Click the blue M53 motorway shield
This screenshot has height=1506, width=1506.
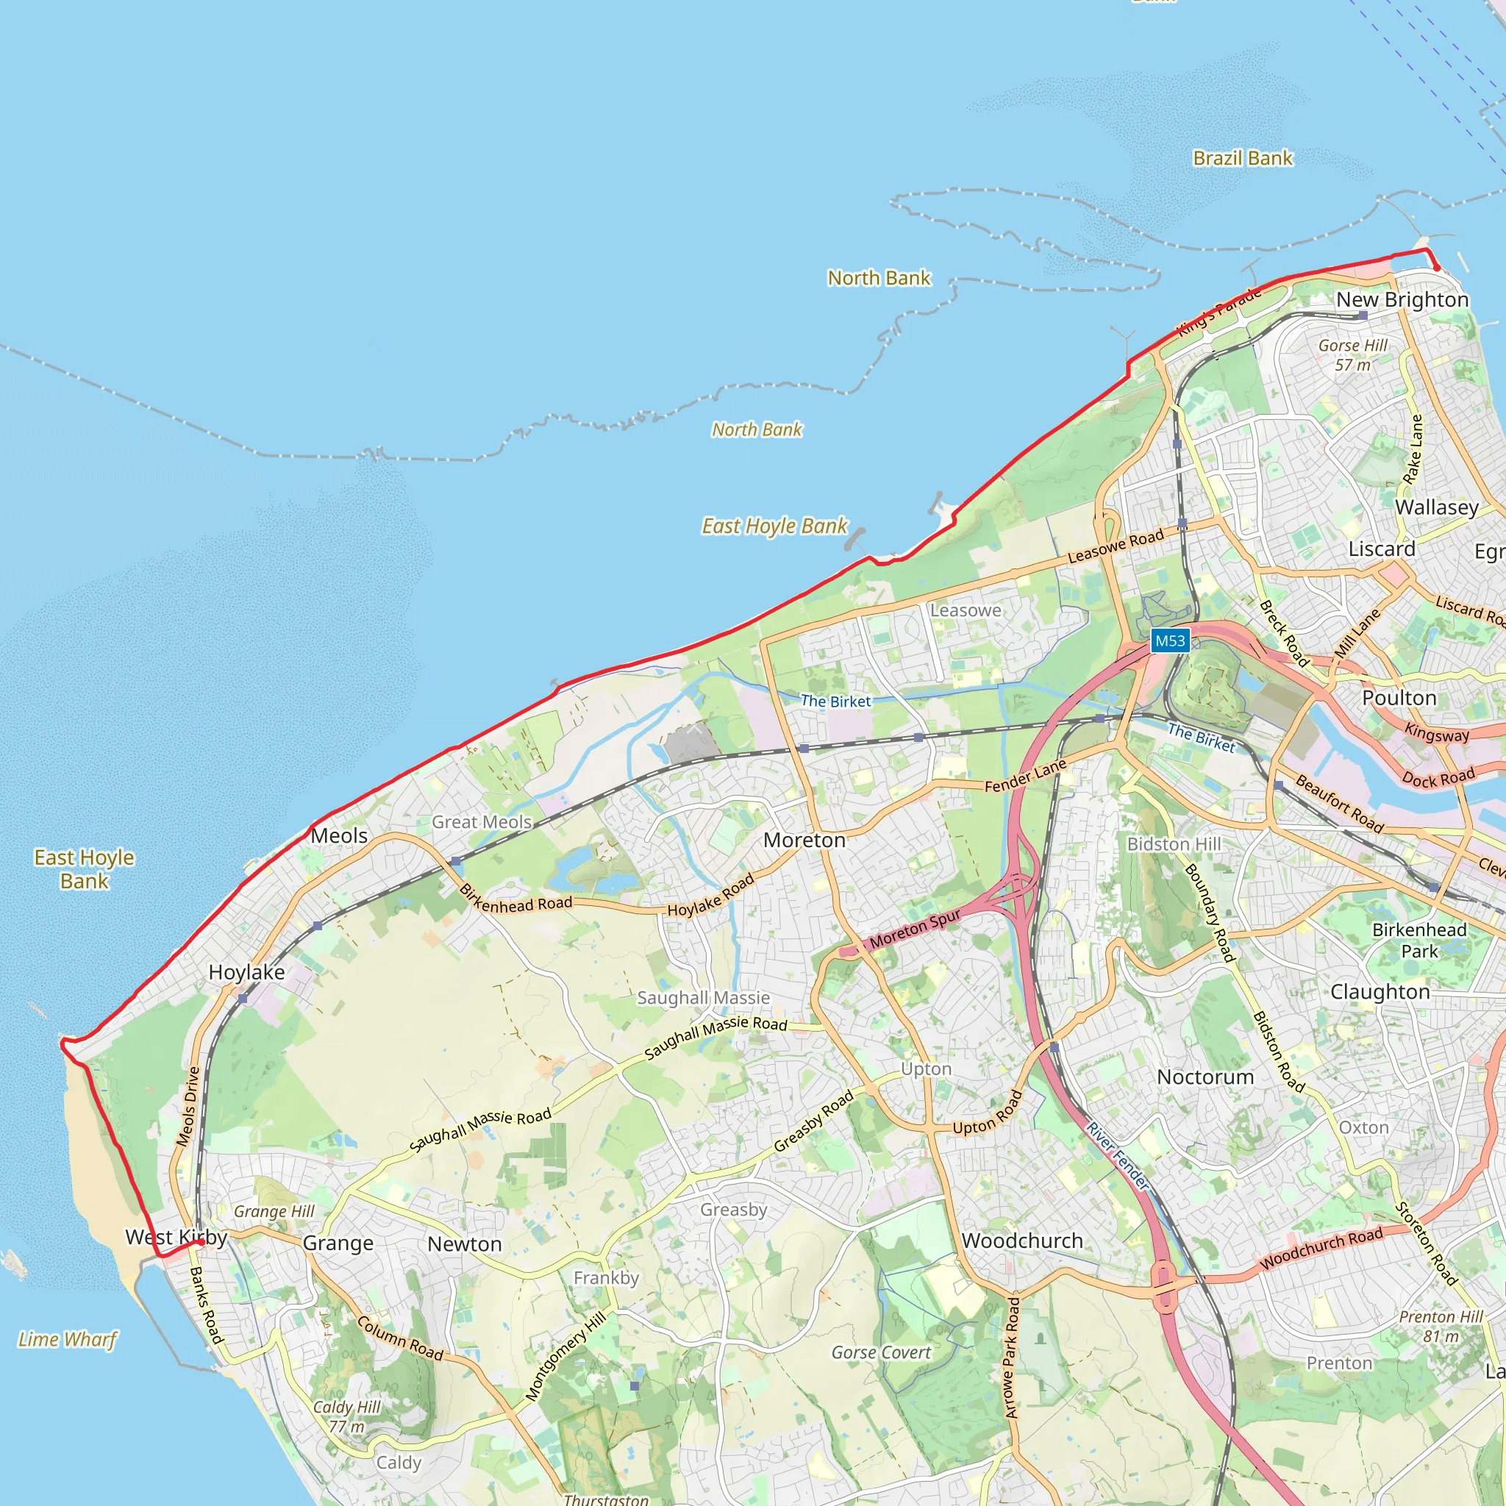coord(1170,640)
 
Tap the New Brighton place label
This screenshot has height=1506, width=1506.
coord(1402,299)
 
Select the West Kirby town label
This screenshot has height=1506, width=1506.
coord(176,1237)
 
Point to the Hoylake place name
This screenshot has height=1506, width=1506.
coord(246,972)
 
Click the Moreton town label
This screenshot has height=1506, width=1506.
coord(804,841)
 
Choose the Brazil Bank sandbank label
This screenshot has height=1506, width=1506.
coord(1243,158)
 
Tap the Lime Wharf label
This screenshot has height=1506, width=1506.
coord(68,1339)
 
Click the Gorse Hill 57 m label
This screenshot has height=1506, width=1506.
coord(1352,354)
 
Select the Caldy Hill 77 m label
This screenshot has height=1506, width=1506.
coord(347,1416)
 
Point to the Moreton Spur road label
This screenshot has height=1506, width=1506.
coord(914,929)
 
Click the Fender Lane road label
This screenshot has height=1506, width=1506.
coord(1025,776)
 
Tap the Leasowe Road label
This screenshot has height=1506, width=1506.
coord(1116,545)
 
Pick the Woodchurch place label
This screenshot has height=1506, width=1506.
coord(1022,1241)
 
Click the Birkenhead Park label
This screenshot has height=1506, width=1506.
coord(1419,940)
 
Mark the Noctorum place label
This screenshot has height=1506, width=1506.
coord(1205,1077)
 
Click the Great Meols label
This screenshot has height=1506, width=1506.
coord(482,821)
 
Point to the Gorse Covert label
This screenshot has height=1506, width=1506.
coord(881,1352)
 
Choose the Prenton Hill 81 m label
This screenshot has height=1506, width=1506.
coord(1441,1326)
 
